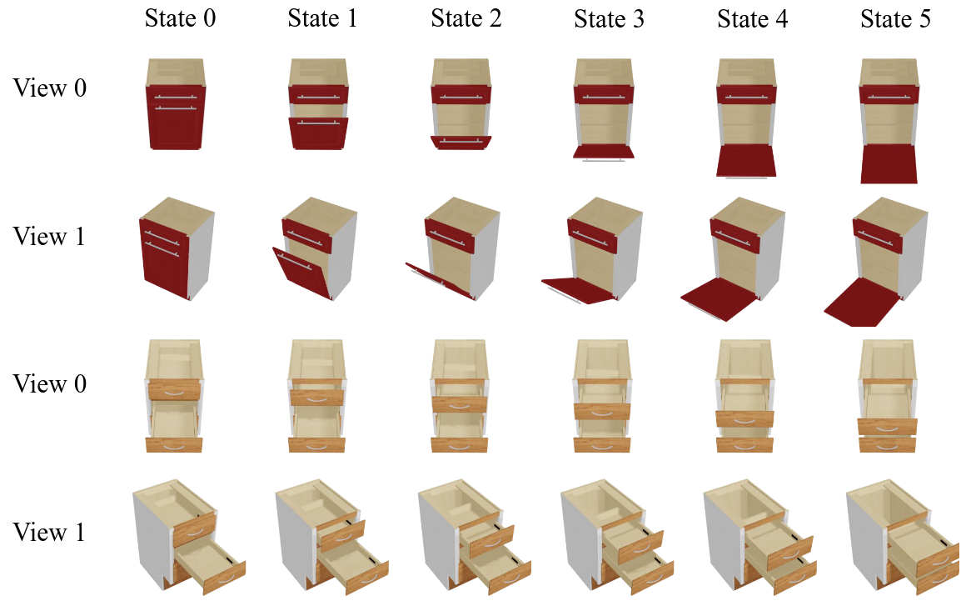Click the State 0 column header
[180, 18]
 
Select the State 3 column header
[609, 19]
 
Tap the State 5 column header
[895, 19]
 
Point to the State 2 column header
[466, 18]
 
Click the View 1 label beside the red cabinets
[48, 236]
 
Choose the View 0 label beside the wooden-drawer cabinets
[49, 383]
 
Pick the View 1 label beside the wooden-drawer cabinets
[48, 532]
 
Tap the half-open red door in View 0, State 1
[318, 133]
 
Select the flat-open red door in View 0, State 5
[889, 164]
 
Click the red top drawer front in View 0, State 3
[604, 94]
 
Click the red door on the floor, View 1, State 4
[719, 298]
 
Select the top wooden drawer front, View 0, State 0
[174, 390]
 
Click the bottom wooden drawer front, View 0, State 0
[174, 444]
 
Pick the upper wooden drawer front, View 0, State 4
[744, 418]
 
